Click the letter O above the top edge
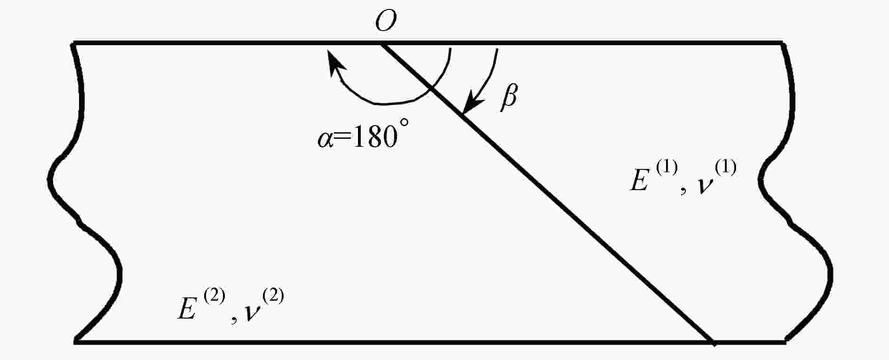click(386, 21)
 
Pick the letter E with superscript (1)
click(639, 181)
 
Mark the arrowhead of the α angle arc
click(334, 63)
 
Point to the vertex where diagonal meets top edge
click(381, 44)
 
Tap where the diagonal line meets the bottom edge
click(714, 342)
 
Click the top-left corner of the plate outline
click(73, 43)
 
